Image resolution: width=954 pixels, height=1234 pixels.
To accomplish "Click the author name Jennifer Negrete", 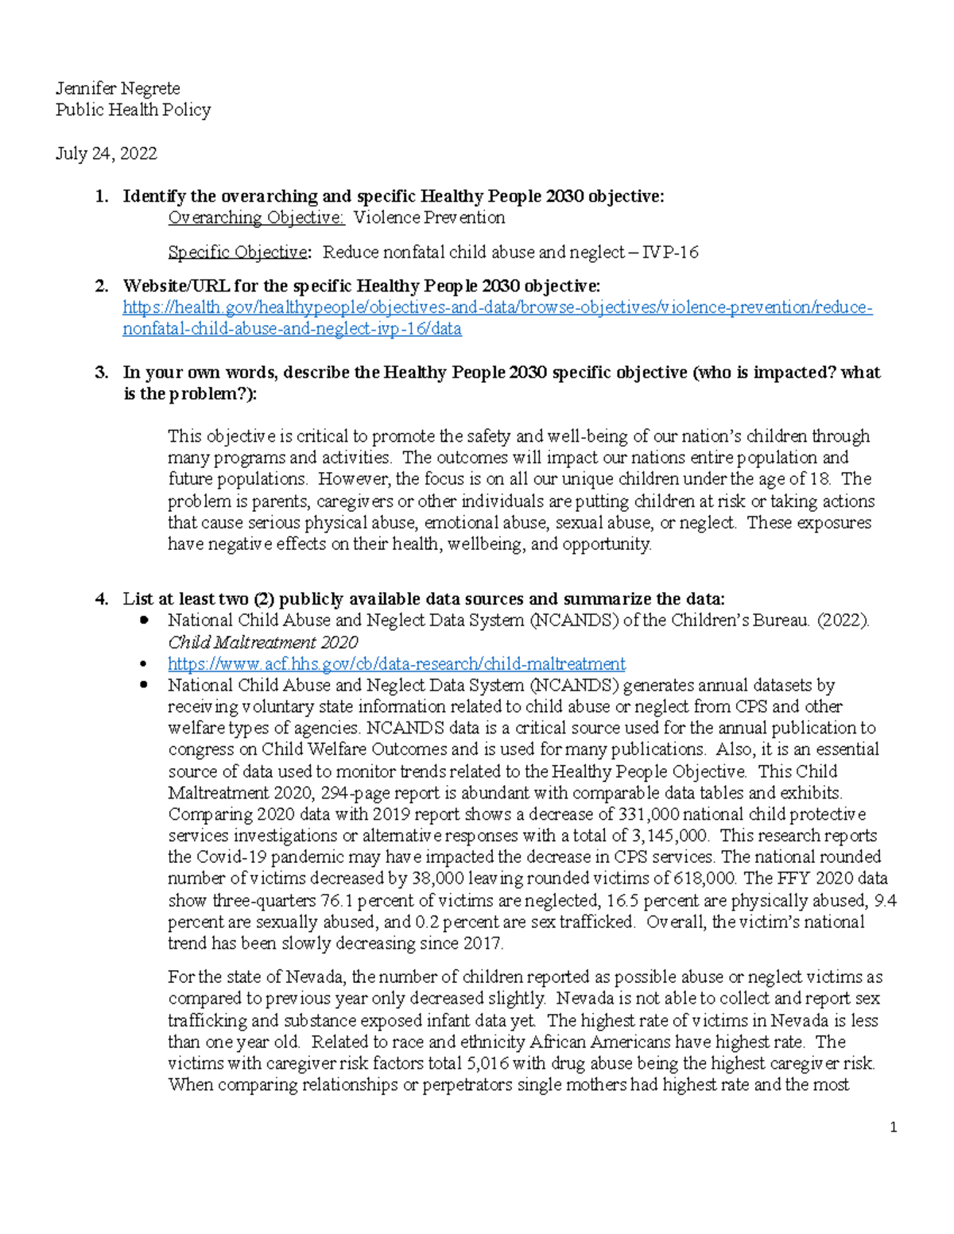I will pyautogui.click(x=118, y=88).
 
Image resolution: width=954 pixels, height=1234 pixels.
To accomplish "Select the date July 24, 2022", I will pyautogui.click(x=106, y=153).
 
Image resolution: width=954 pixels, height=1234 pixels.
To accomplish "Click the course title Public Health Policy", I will pyautogui.click(x=133, y=110).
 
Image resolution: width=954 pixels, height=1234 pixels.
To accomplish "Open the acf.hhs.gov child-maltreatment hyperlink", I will pyautogui.click(x=396, y=663).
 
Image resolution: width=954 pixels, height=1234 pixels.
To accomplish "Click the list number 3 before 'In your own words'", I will pyautogui.click(x=101, y=373).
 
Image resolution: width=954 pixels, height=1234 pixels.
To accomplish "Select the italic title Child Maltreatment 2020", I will pyautogui.click(x=262, y=642).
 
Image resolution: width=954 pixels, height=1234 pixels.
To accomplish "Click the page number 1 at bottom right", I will pyautogui.click(x=894, y=1127).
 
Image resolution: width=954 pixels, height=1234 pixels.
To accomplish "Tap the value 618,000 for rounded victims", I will pyautogui.click(x=704, y=879).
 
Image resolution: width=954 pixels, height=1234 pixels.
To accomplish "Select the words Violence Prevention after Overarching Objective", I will pyautogui.click(x=429, y=218).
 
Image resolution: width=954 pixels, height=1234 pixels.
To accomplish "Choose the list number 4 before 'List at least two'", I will pyautogui.click(x=101, y=599).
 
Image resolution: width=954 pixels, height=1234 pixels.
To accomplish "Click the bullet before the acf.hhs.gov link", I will pyautogui.click(x=143, y=663).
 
